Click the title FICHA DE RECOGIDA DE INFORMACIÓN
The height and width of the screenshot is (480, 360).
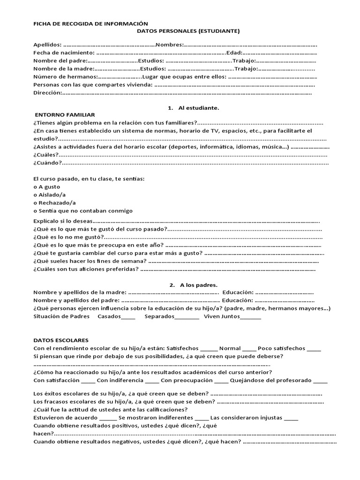pyautogui.click(x=90, y=23)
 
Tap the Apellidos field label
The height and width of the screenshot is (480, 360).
pyautogui.click(x=47, y=45)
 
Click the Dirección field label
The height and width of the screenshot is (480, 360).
pyautogui.click(x=47, y=93)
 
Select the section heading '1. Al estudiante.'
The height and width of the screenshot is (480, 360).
pyautogui.click(x=194, y=107)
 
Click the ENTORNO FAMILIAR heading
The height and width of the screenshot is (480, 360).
pyautogui.click(x=65, y=115)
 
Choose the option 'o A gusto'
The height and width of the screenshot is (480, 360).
pyautogui.click(x=47, y=187)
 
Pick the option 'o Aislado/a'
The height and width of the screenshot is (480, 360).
pyautogui.click(x=50, y=195)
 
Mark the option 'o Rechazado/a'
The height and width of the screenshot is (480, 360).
pyautogui.click(x=54, y=202)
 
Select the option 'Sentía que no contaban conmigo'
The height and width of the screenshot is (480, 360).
pyautogui.click(x=85, y=210)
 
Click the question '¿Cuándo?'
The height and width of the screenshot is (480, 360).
pyautogui.click(x=47, y=163)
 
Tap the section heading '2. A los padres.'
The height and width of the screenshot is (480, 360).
pyautogui.click(x=193, y=285)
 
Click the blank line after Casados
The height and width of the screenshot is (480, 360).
pyautogui.click(x=128, y=317)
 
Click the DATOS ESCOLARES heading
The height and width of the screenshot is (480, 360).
pyautogui.click(x=61, y=340)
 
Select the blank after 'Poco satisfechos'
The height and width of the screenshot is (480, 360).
pyautogui.click(x=314, y=349)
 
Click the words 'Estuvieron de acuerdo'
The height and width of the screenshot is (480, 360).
pyautogui.click(x=66, y=417)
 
